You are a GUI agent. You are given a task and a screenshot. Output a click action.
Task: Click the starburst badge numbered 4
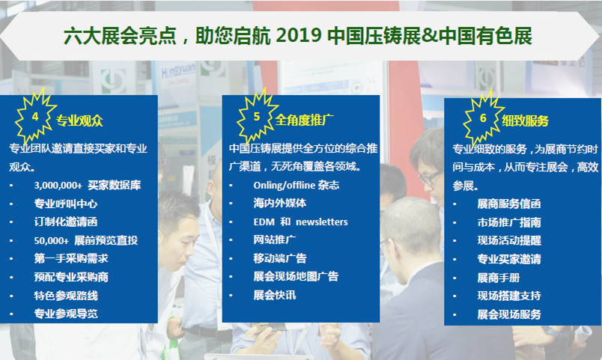(35, 117)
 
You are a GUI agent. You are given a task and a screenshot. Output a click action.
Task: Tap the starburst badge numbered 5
(257, 116)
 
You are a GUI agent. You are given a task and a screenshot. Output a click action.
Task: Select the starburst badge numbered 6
(483, 118)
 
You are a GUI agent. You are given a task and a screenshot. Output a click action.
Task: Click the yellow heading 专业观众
(80, 121)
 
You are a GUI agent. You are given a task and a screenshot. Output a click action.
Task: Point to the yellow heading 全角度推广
(304, 120)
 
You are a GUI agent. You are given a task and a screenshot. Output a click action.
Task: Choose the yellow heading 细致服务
(525, 121)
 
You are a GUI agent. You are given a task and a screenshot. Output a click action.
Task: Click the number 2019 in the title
(298, 36)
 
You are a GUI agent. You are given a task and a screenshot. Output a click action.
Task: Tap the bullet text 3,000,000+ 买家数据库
(87, 186)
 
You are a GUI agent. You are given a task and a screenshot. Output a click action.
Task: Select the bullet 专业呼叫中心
(66, 204)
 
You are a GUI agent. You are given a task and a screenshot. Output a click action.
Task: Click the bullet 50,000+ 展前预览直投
(86, 241)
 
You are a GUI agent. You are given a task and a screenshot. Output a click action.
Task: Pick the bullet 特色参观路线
(66, 296)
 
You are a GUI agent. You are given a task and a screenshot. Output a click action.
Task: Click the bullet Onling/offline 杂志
(296, 186)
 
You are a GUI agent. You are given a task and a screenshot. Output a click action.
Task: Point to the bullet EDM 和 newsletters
(300, 222)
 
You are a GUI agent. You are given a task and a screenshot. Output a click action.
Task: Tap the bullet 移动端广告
(280, 259)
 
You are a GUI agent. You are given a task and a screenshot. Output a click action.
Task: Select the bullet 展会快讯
(275, 295)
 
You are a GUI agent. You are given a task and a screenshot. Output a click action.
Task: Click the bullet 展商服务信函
(508, 204)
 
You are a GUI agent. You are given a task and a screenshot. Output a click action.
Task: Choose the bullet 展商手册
(499, 278)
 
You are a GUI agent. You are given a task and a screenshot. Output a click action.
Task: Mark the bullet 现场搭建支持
(508, 296)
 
